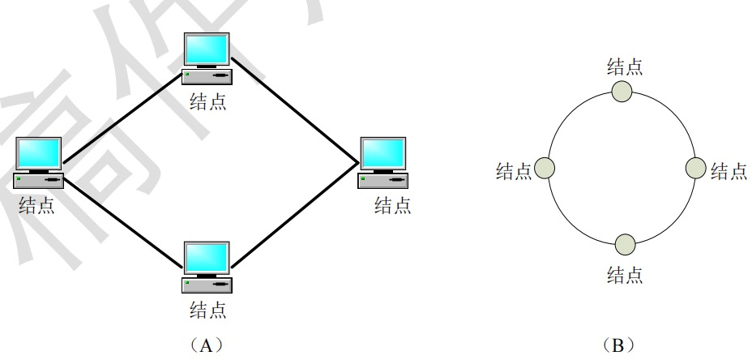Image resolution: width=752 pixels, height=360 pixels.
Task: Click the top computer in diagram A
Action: click(x=207, y=59)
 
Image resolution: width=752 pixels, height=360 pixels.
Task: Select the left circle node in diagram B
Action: click(x=545, y=169)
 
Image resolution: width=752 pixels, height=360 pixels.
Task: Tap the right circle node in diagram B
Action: click(x=697, y=168)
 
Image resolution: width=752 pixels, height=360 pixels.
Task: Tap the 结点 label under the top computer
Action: click(x=207, y=101)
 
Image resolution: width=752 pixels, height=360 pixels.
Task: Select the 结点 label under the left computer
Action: click(x=37, y=205)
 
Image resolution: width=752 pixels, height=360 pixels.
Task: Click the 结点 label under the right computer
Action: click(x=392, y=205)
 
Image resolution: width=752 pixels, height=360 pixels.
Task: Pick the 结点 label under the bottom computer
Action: click(x=207, y=309)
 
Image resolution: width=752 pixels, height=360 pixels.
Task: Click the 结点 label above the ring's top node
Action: click(x=626, y=66)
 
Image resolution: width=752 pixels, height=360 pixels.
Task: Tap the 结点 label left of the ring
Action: click(x=514, y=171)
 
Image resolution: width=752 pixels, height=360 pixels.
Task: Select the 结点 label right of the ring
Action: click(x=728, y=171)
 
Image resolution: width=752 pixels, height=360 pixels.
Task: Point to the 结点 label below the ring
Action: click(x=626, y=275)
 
